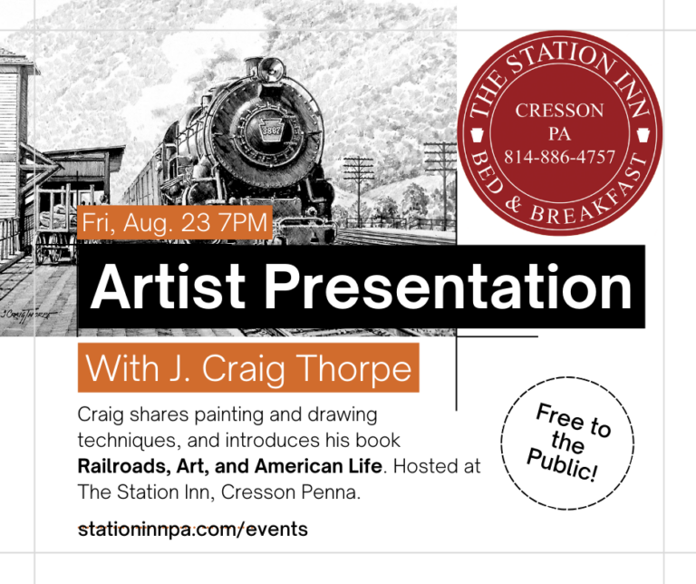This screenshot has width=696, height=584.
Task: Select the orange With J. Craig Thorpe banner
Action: pos(247,369)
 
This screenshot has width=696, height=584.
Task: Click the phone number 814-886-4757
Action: pos(559,157)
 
